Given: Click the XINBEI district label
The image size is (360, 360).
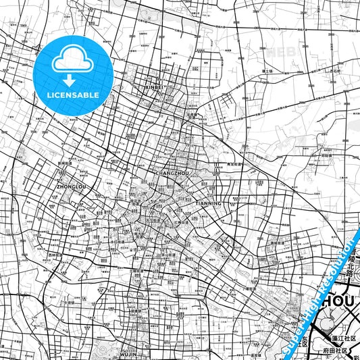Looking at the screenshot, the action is click(x=154, y=87).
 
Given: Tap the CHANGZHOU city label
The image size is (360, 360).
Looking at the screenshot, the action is click(x=172, y=174).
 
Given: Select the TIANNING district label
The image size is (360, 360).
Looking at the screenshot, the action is click(x=207, y=203).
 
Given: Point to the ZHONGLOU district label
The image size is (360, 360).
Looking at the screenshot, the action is click(x=72, y=184).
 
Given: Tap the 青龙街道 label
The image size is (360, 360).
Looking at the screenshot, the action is click(x=234, y=164).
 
